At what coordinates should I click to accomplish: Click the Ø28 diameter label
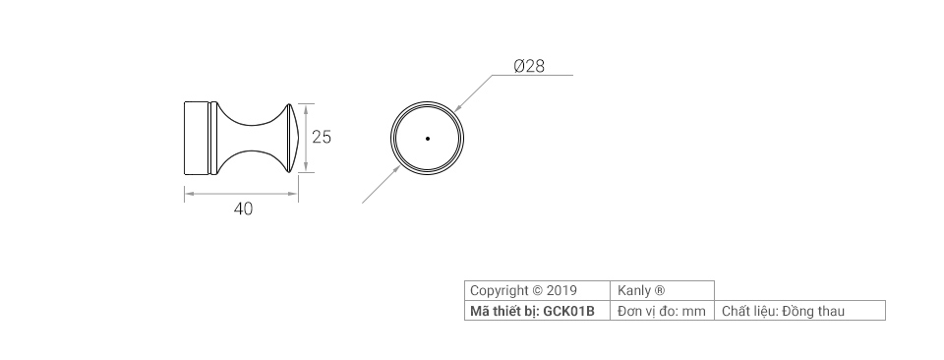[529, 67]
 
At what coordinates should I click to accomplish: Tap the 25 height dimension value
[321, 138]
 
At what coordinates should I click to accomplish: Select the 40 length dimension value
[243, 209]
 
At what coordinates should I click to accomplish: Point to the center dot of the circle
[428, 139]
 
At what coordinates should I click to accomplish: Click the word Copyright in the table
[500, 291]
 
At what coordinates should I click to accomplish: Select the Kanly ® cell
[641, 291]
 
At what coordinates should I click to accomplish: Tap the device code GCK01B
[569, 312]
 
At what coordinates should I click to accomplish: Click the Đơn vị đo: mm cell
[662, 312]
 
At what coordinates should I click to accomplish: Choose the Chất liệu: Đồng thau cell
[783, 312]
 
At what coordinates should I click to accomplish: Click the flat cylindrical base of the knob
[199, 138]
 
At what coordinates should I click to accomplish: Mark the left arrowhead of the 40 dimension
[188, 194]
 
